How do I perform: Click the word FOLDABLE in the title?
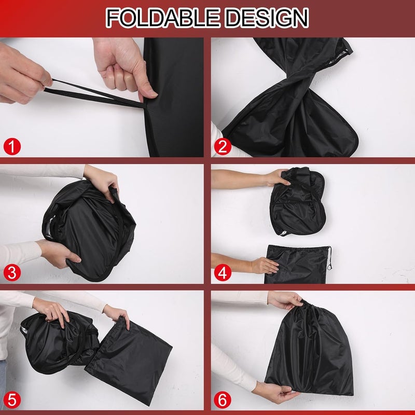(x=162, y=18)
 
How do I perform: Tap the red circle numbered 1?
(x=12, y=146)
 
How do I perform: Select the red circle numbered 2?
(x=223, y=146)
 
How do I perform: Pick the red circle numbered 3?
(x=12, y=273)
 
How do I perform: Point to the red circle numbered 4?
(x=223, y=273)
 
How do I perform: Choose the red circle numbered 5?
(x=12, y=399)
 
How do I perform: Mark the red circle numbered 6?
(x=223, y=399)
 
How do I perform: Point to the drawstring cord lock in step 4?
(x=329, y=267)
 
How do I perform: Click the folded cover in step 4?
(x=297, y=202)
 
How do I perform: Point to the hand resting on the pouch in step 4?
(x=265, y=266)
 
